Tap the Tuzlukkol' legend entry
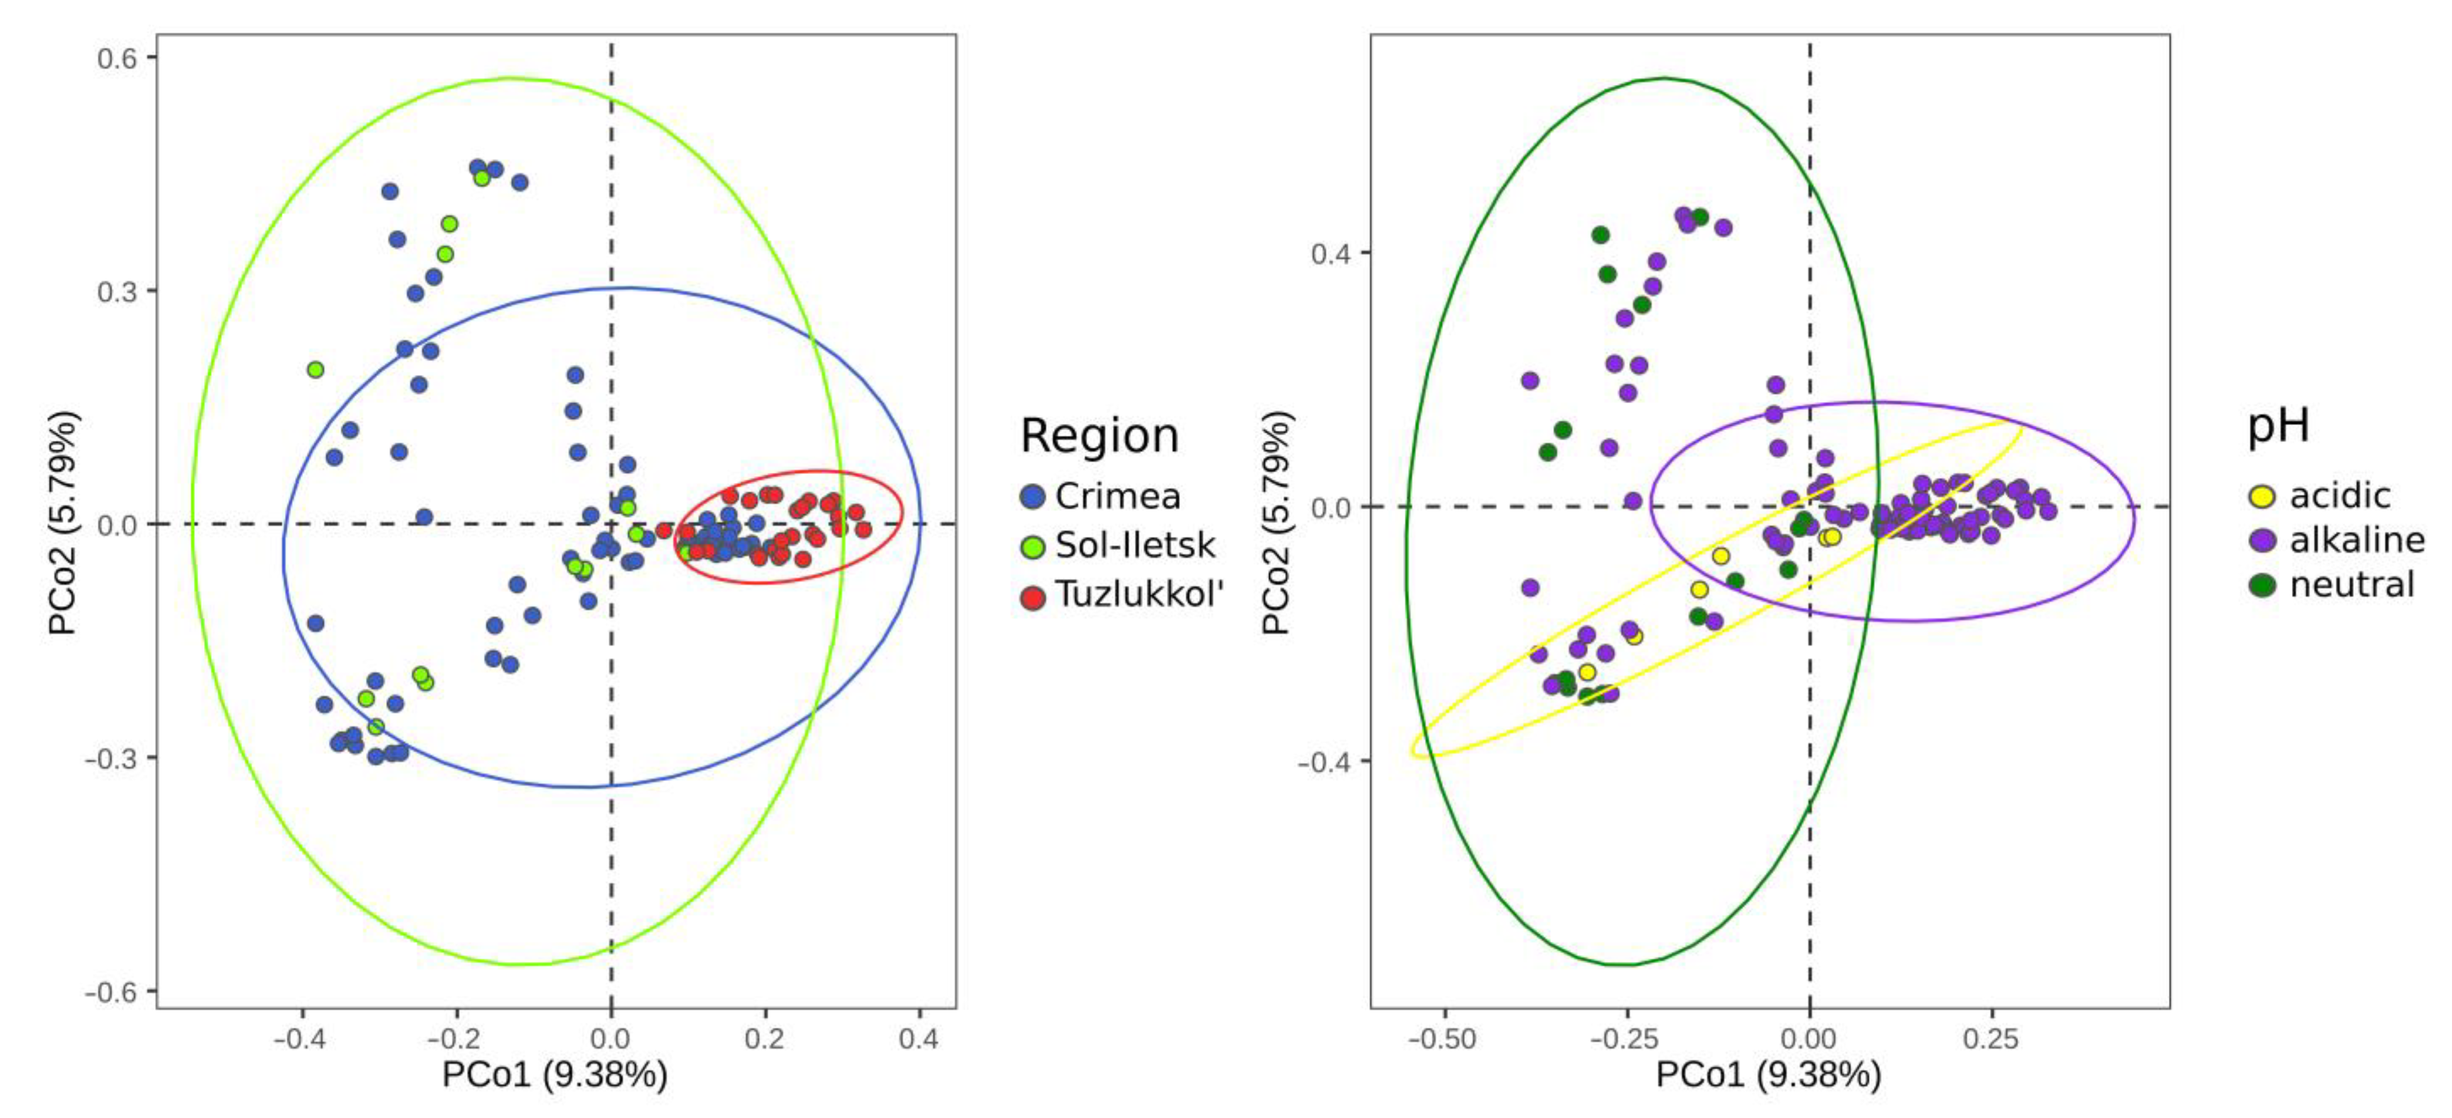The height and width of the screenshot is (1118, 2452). pos(1137,595)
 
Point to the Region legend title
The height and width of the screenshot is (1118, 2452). pos(1100,436)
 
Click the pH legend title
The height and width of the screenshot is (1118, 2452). pos(2278,425)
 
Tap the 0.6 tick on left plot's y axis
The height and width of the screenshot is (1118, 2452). pos(116,58)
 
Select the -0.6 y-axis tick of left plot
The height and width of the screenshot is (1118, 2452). pos(111,992)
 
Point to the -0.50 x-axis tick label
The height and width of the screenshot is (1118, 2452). pos(1443,1038)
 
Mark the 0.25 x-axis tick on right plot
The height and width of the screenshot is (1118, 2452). pos(1990,1038)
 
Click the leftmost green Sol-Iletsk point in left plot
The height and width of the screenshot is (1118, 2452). pos(315,369)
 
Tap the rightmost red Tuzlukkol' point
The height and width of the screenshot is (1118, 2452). pos(864,529)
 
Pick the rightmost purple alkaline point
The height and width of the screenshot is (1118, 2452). pos(2049,511)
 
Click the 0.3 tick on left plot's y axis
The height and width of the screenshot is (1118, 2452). pos(116,291)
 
